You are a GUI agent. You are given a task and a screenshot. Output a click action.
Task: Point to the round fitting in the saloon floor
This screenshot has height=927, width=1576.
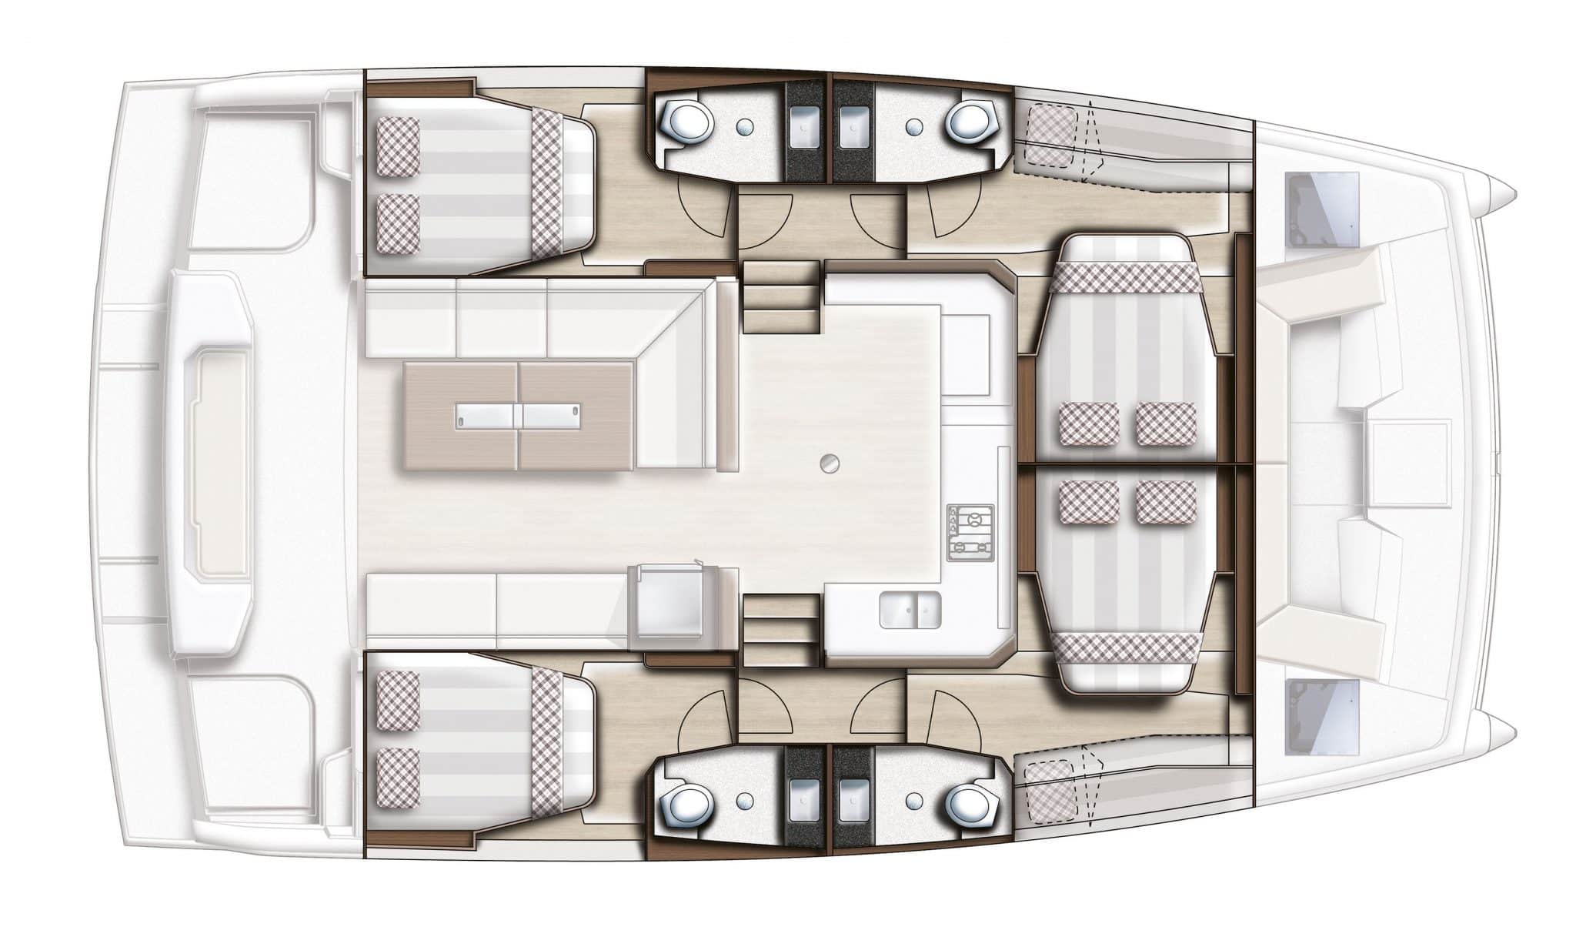coord(829,463)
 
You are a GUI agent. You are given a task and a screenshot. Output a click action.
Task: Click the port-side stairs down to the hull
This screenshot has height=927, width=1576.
coord(780,296)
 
